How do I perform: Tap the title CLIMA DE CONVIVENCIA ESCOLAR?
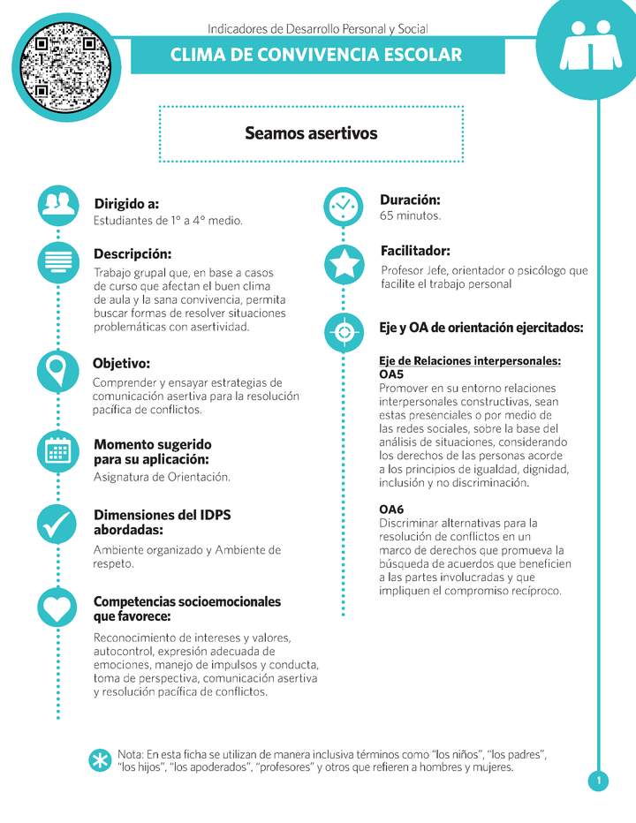[x=316, y=55]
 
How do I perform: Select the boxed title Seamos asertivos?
[x=311, y=133]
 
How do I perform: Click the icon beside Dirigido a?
[x=58, y=205]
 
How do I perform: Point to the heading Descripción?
[x=132, y=254]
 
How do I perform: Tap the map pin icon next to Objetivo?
[x=58, y=370]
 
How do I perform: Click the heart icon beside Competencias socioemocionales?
[x=58, y=608]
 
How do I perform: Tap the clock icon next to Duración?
[x=344, y=206]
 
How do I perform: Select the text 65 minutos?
[x=410, y=215]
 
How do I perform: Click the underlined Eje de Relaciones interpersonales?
[x=470, y=361]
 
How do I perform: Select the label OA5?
[x=390, y=374]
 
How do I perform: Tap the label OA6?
[x=390, y=510]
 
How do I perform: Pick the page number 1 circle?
[x=598, y=781]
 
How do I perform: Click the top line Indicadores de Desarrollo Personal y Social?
[x=317, y=29]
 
